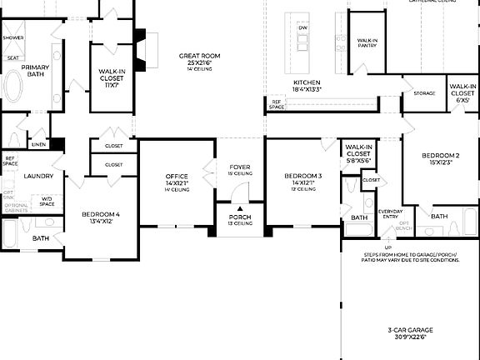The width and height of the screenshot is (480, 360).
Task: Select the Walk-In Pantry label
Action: (367, 42)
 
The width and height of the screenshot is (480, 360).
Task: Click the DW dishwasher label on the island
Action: (302, 28)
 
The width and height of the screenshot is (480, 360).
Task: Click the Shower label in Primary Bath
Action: (12, 38)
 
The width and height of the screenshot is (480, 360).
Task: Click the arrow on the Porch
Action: (240, 208)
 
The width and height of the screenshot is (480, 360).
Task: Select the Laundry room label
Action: (38, 176)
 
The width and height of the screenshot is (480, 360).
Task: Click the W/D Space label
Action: (46, 201)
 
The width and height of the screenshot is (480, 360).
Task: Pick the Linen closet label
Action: (38, 144)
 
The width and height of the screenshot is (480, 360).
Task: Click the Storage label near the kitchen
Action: (424, 93)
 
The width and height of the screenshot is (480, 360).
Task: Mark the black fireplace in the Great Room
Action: (142, 50)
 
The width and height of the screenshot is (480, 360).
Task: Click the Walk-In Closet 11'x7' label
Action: (111, 75)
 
